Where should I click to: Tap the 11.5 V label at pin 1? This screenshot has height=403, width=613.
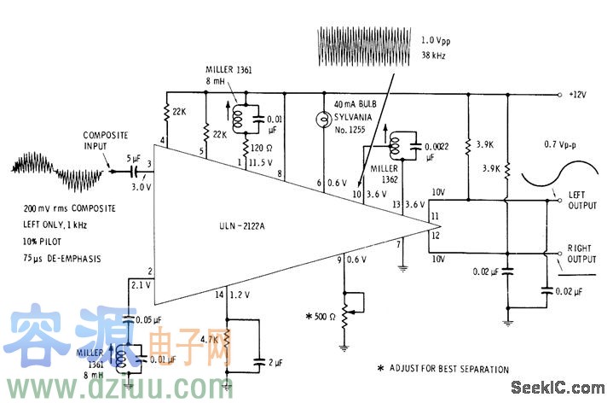coord(261,162)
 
